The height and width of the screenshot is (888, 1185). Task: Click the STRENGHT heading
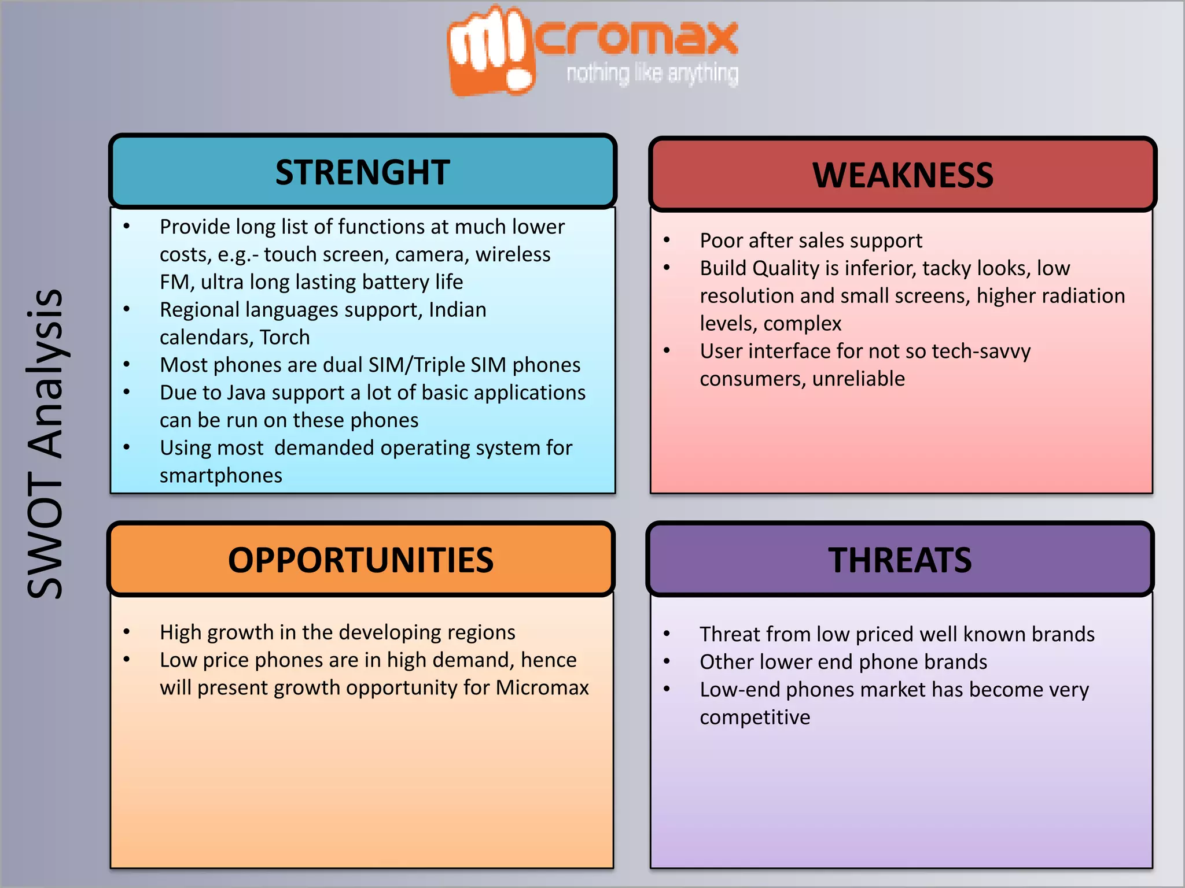coord(362,172)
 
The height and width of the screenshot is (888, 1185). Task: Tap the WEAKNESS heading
coord(903,175)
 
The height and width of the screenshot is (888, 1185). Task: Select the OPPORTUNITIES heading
coord(360,560)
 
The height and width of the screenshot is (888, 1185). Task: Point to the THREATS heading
coord(900,560)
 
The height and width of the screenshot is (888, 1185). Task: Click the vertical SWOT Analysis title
coord(45,444)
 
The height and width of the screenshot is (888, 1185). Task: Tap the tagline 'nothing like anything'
coord(652,74)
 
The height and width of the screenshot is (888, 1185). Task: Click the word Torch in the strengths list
coord(285,337)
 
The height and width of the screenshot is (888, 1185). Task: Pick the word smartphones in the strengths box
coord(221,475)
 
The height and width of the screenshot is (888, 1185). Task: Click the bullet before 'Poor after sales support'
coord(667,240)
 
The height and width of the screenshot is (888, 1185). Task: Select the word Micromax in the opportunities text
coord(542,687)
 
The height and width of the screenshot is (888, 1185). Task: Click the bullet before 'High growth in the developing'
coord(126,632)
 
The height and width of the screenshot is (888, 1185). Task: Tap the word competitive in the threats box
coord(755,717)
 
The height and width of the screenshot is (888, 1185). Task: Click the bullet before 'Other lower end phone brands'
coord(667,662)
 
